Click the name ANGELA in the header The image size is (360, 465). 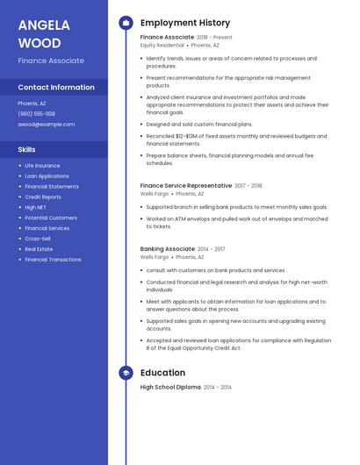tap(44, 25)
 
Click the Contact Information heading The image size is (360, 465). tap(56, 88)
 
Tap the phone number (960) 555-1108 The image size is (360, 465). tap(36, 114)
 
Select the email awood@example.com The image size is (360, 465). tap(46, 125)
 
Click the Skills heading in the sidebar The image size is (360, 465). tap(26, 150)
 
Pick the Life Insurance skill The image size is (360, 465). tap(42, 166)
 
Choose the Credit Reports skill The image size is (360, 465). tap(43, 197)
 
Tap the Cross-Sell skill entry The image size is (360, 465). tap(38, 239)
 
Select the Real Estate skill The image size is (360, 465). tap(39, 249)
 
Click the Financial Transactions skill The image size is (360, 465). tap(53, 260)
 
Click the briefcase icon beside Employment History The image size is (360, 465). tap(126, 23)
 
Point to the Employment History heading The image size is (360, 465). tap(185, 23)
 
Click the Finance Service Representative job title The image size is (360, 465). tap(185, 186)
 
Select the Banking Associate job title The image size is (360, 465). tap(168, 249)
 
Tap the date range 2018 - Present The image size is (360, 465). tap(215, 38)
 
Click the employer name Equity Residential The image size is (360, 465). tap(162, 46)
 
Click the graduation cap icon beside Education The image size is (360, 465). tap(126, 373)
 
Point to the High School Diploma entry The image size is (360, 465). tap(170, 387)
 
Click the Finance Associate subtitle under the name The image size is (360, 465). tap(51, 61)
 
